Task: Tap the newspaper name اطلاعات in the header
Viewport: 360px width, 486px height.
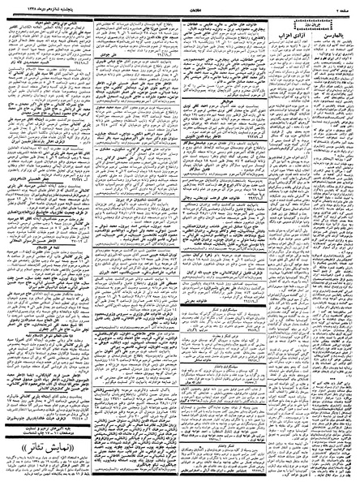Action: coord(181,6)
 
